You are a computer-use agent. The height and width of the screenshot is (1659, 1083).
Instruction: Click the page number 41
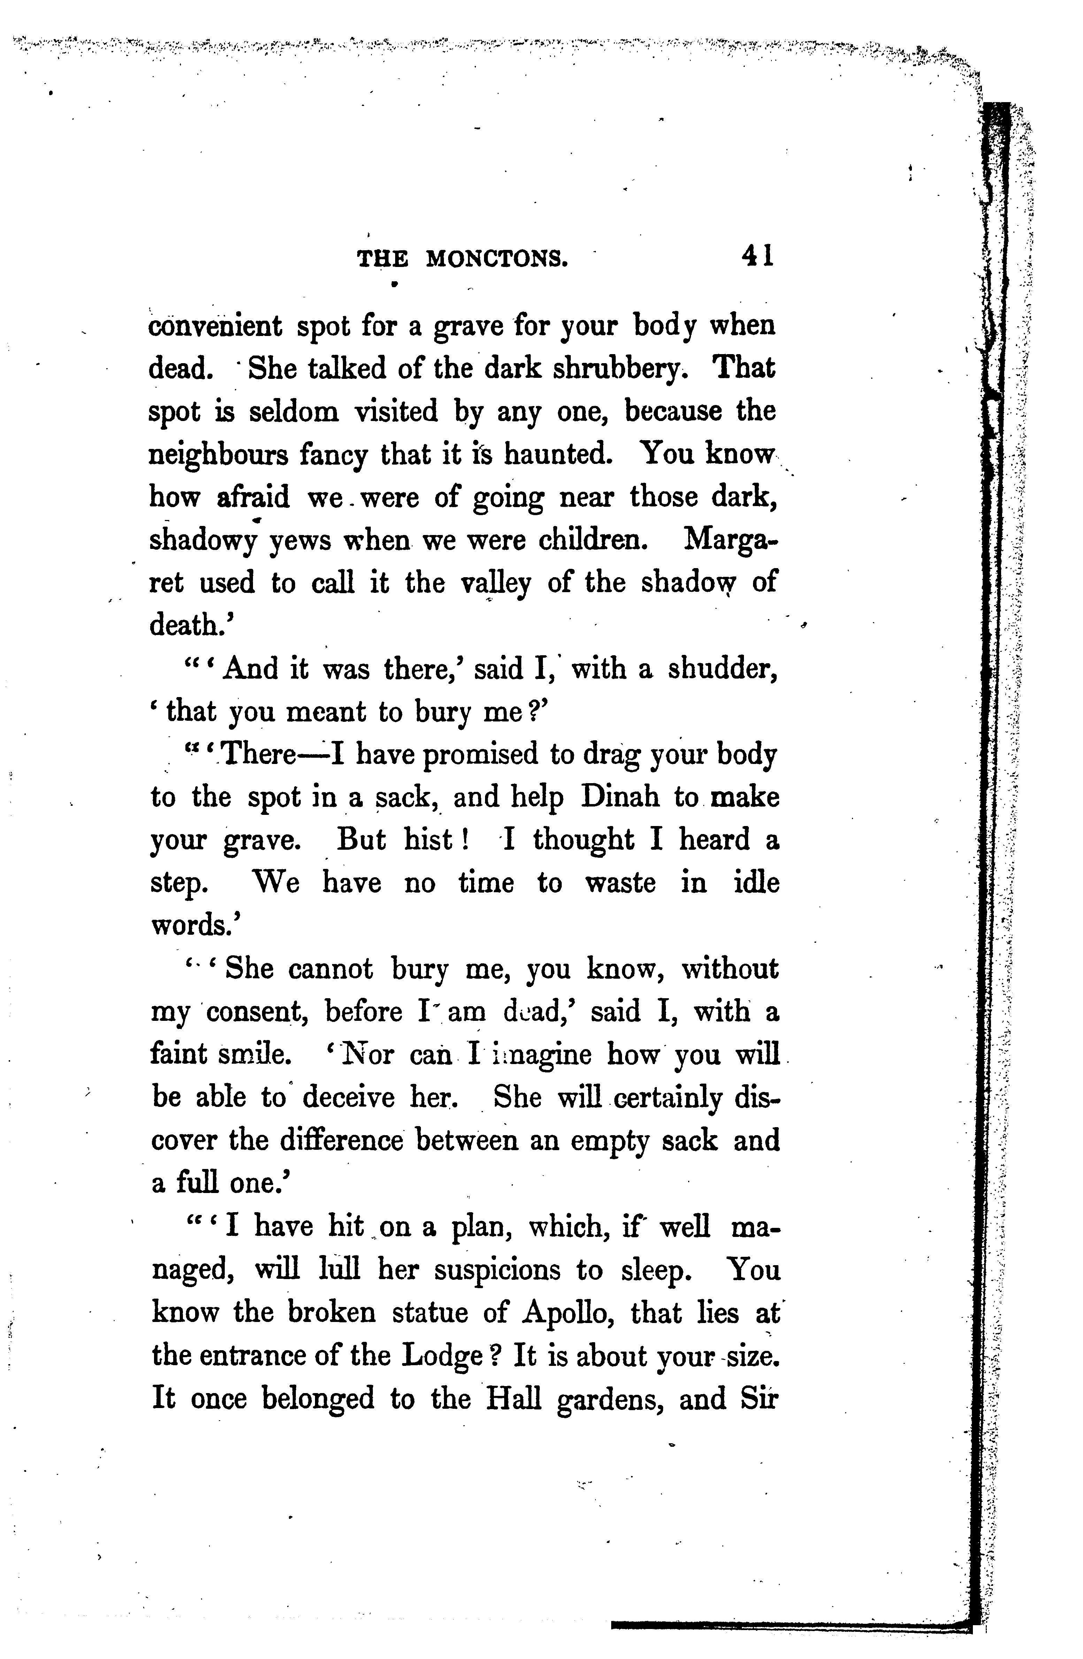click(758, 256)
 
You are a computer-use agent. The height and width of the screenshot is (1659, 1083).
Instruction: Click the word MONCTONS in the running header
click(497, 259)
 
